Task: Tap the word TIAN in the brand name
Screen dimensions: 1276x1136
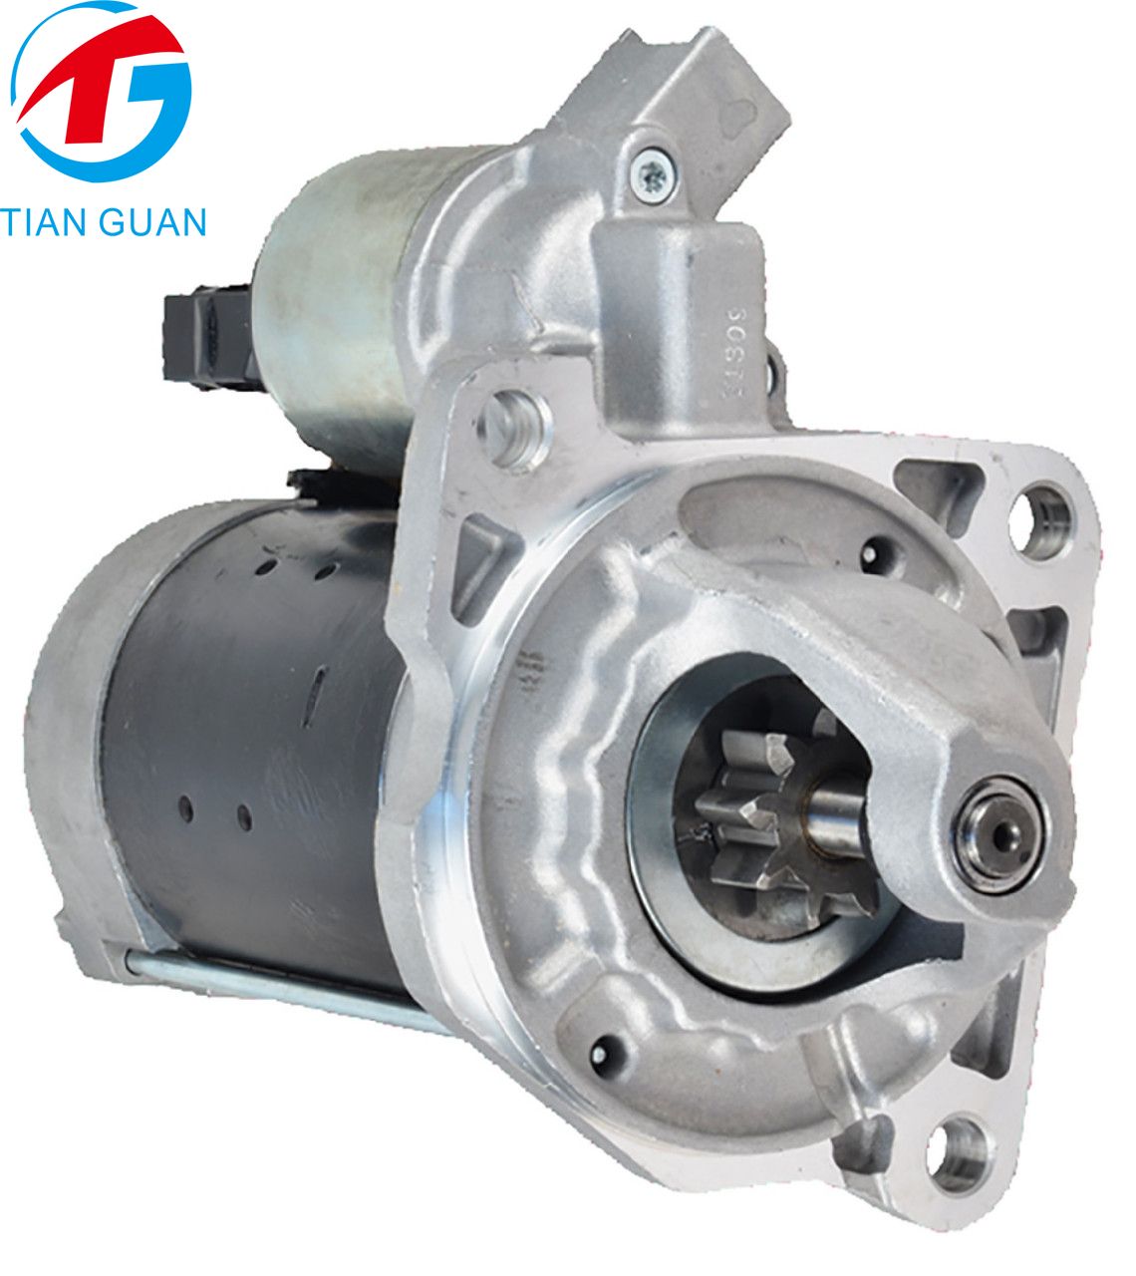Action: [46, 221]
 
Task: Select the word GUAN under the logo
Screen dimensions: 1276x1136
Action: [150, 221]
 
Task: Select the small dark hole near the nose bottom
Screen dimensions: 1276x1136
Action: [601, 1050]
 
